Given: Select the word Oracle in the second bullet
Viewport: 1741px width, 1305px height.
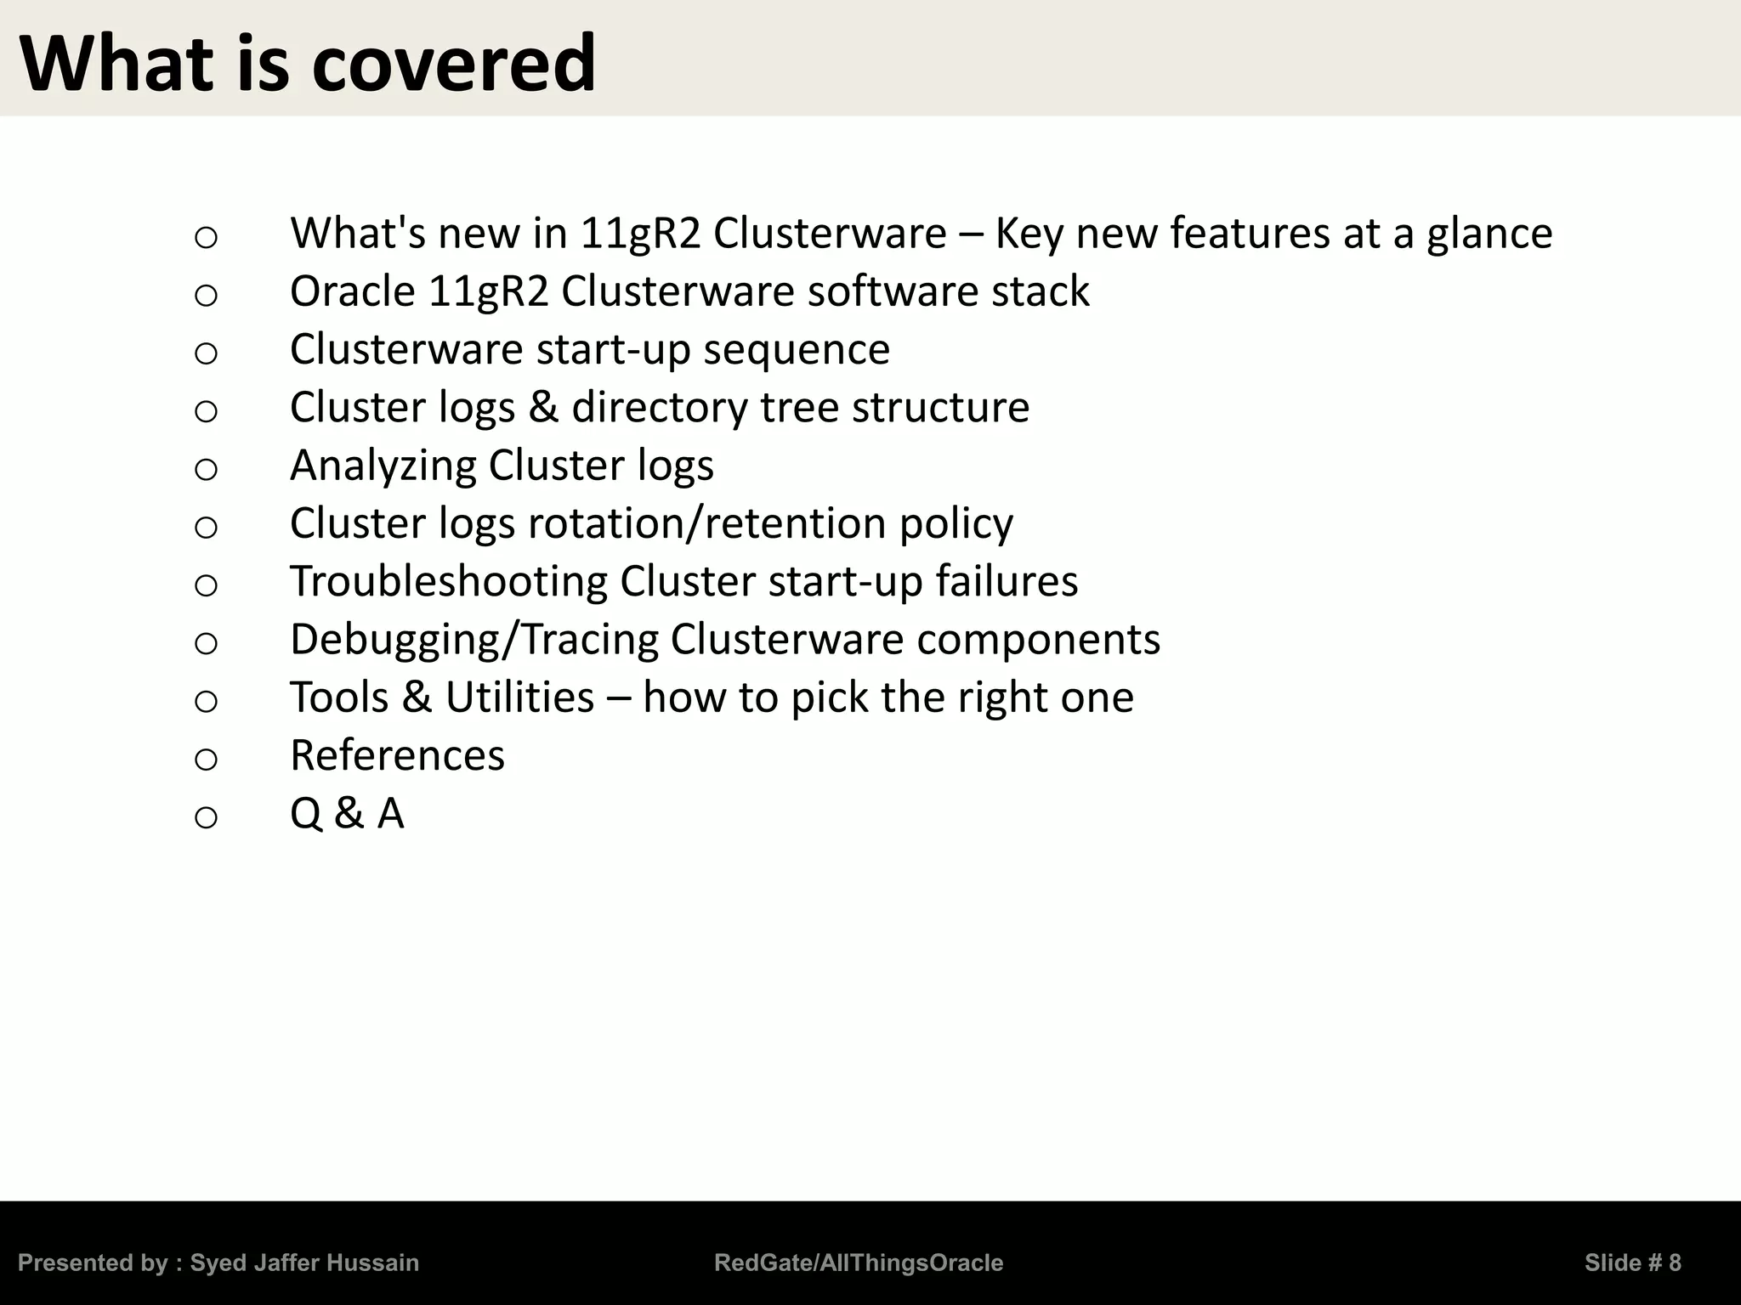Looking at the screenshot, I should tap(353, 291).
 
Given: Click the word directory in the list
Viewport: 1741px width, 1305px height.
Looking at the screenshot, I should tap(659, 408).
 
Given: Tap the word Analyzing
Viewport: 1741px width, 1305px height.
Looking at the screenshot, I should tap(383, 466).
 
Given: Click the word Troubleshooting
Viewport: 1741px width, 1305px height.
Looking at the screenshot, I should tap(448, 582).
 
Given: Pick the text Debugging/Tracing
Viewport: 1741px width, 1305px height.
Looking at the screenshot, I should tap(474, 640).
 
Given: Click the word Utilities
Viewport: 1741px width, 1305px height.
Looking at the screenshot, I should tap(519, 698).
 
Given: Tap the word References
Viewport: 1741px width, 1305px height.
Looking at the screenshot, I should tap(397, 755).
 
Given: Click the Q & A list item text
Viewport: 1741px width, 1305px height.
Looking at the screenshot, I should tap(347, 814).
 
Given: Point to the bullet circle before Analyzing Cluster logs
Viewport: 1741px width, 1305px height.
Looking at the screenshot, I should tap(206, 469).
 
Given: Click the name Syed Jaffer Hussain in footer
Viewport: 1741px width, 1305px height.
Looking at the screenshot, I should tap(304, 1263).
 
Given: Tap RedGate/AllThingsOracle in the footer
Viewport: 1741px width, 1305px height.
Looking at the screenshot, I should tap(859, 1263).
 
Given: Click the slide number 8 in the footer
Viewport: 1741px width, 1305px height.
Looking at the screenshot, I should tap(1674, 1263).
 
